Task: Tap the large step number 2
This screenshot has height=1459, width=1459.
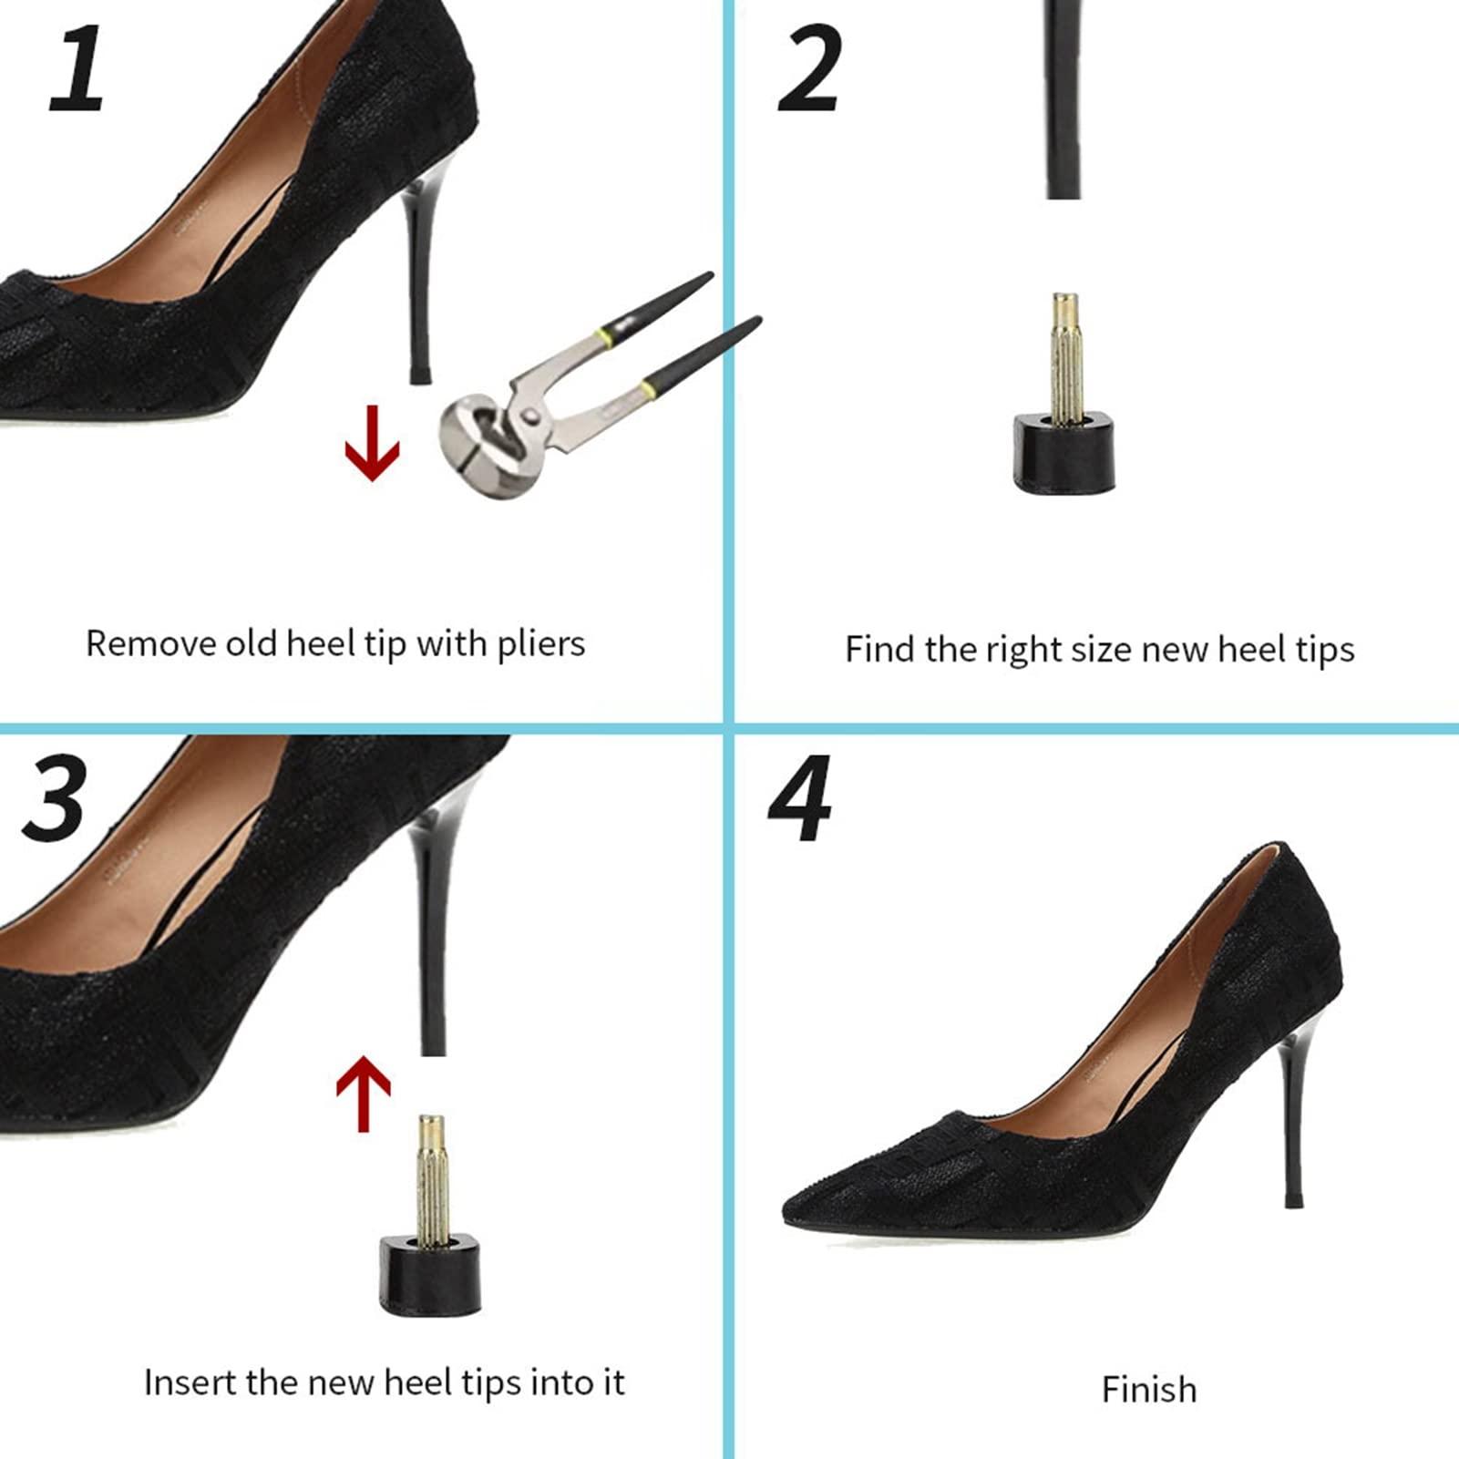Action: [x=808, y=69]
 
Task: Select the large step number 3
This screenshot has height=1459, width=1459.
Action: [x=55, y=800]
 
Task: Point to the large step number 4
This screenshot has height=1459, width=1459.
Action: [x=800, y=798]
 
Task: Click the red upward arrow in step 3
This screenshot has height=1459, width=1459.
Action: [x=364, y=1093]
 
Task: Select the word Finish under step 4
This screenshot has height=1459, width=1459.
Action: [x=1148, y=1390]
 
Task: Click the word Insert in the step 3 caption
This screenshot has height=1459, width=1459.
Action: [x=189, y=1382]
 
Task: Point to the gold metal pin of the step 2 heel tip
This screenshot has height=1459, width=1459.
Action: [x=1064, y=355]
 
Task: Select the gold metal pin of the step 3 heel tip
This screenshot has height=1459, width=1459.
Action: [x=430, y=1176]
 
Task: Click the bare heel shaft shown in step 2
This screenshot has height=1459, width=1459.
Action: [x=1063, y=100]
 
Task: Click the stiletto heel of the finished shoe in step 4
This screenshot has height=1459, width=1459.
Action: [x=1290, y=1121]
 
